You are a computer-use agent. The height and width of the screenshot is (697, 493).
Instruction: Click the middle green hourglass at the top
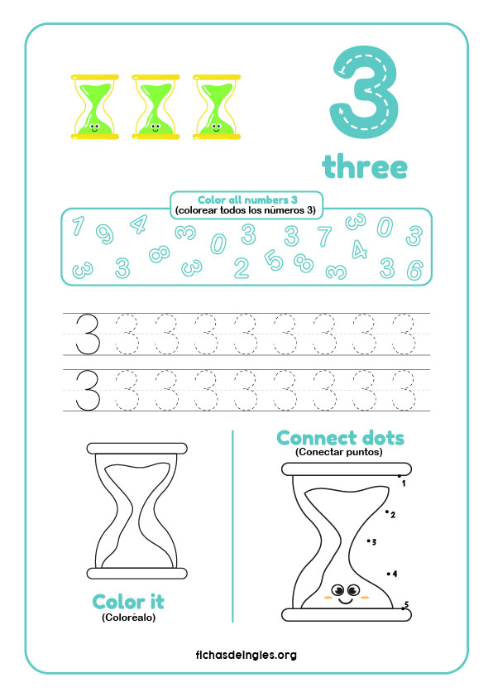point(156,107)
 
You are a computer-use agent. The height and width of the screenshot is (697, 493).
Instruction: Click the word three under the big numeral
point(365,166)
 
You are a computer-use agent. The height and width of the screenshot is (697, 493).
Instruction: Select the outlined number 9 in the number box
point(105,233)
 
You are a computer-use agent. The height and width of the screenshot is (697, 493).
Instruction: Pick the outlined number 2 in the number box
point(242,268)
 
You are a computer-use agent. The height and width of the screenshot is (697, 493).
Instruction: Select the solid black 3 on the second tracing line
point(88,391)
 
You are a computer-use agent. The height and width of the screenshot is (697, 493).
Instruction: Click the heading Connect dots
point(340,438)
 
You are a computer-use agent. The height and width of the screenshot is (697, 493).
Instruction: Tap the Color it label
point(128,603)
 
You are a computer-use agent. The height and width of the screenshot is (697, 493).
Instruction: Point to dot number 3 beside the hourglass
point(369,541)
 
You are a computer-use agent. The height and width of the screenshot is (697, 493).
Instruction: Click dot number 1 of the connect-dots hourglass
point(400,476)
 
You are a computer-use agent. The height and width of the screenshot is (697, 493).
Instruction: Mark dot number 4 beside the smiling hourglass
point(389,574)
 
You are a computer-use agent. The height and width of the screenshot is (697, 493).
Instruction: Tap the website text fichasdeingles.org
point(246,655)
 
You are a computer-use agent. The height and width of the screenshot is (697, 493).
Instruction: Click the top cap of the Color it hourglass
point(136,448)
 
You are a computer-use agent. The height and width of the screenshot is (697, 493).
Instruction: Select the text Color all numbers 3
point(247,199)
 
